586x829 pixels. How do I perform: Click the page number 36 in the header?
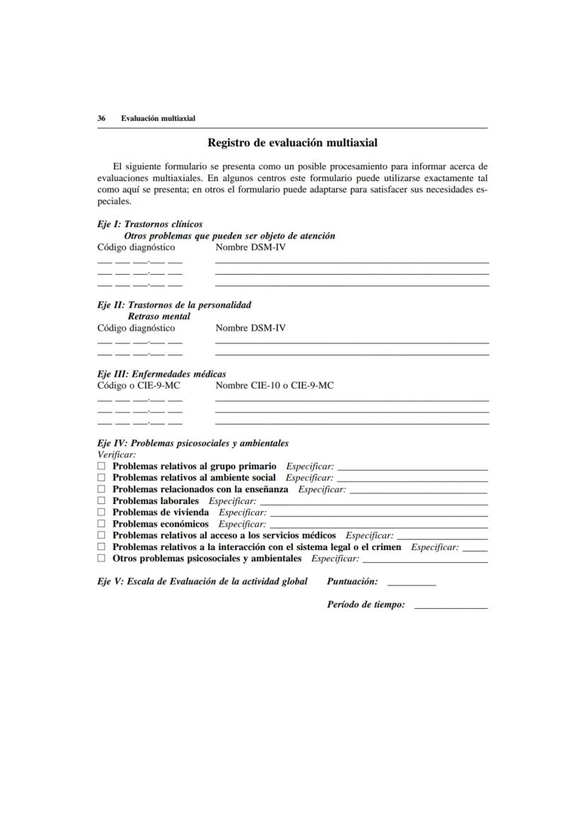101,118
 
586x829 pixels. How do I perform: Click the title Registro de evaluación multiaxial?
292,143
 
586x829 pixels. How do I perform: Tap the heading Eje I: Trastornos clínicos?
149,224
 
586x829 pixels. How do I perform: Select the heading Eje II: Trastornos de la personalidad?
174,305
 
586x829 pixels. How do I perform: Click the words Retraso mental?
159,316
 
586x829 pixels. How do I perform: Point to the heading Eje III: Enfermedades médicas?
161,374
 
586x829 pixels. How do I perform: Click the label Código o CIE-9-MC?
139,385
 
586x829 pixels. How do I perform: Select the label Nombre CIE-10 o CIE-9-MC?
275,385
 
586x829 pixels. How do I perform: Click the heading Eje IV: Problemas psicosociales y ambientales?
193,443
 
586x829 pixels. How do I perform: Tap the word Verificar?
116,454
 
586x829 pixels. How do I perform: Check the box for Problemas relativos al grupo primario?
101,467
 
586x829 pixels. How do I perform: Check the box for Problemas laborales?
101,501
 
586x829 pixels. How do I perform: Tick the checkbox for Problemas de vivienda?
101,512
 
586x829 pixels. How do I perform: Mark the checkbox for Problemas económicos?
101,524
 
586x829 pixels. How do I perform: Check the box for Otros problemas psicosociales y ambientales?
101,559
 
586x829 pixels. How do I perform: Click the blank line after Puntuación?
411,584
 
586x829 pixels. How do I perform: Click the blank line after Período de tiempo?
450,607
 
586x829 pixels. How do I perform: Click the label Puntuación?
352,581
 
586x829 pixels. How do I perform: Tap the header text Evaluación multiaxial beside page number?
158,118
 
